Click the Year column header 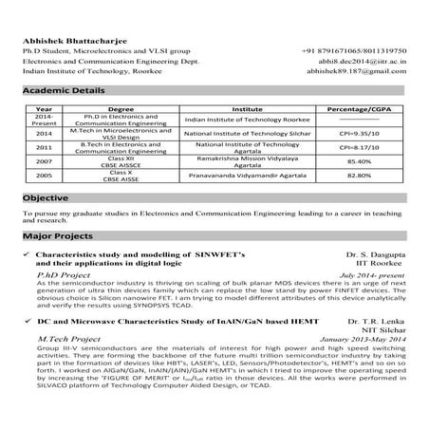(x=44, y=111)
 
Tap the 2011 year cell (x=44, y=148)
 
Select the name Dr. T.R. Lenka (x=379, y=325)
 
